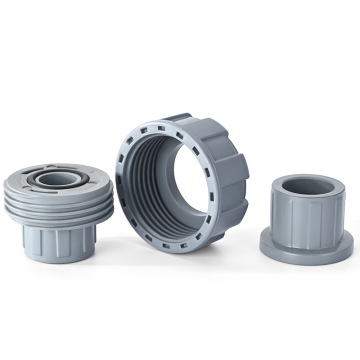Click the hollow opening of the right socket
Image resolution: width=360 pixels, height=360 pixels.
click(x=309, y=185)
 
